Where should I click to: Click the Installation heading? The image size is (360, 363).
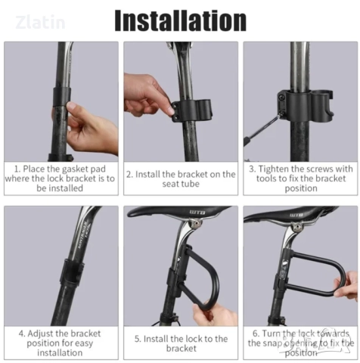(180, 20)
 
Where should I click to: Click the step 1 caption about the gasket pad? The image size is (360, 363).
(61, 178)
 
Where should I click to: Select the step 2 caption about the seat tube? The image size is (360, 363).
(181, 178)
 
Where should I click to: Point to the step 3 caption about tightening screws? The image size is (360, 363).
(300, 178)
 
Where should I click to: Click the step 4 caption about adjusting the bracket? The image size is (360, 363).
(61, 343)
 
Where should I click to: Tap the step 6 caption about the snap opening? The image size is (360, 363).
(300, 343)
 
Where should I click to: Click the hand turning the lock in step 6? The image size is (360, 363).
(347, 287)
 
